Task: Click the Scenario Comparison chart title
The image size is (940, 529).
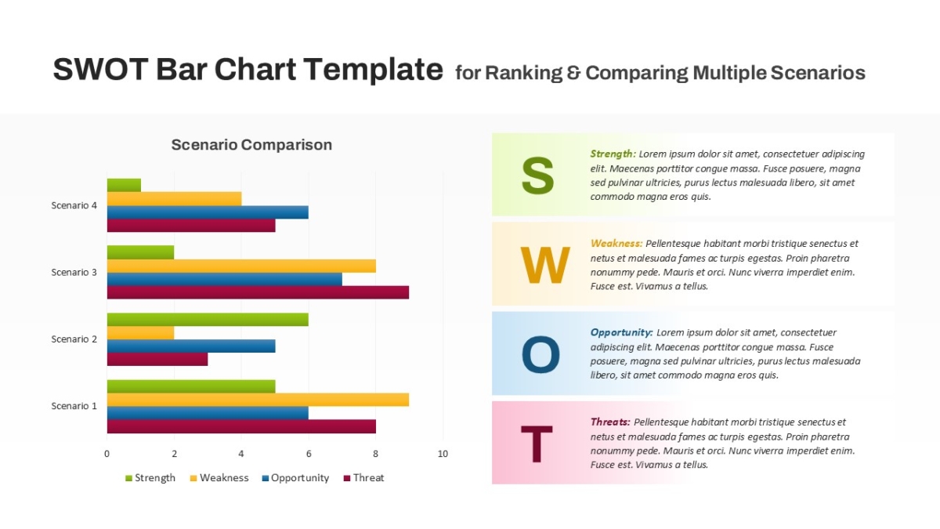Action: click(251, 145)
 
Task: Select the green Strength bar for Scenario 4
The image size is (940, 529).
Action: click(124, 185)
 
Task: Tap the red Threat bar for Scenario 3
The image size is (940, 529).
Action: click(258, 292)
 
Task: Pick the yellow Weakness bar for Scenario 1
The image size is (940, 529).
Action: click(258, 400)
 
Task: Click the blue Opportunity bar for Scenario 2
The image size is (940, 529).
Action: click(191, 346)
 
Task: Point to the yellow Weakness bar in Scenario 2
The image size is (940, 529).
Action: click(140, 333)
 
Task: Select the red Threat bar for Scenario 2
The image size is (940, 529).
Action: click(157, 360)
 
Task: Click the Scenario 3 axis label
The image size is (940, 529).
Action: click(74, 273)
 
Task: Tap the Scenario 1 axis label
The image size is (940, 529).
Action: click(74, 406)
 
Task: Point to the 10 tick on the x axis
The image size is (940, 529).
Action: click(443, 454)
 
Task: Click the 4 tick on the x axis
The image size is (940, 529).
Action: click(241, 454)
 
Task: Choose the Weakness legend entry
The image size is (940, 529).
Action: click(219, 478)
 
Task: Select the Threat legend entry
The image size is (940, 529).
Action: click(363, 478)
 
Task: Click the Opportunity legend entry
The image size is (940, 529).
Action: click(295, 478)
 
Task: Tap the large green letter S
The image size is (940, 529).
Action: click(537, 175)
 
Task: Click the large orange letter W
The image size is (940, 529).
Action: click(545, 265)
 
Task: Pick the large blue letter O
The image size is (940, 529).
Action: click(540, 354)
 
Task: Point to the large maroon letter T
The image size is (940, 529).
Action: click(537, 444)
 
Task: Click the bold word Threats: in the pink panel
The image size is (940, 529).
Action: click(610, 422)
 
